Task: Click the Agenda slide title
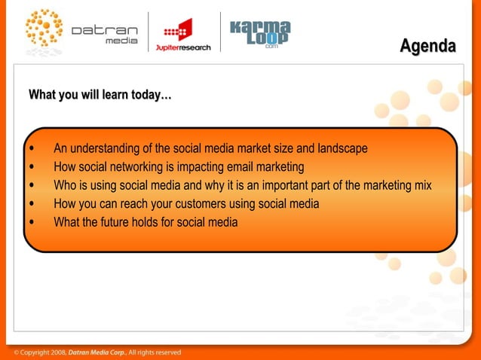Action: click(x=427, y=47)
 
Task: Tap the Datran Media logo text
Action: click(x=104, y=35)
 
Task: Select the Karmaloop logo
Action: click(x=259, y=33)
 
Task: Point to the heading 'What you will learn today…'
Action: click(x=100, y=96)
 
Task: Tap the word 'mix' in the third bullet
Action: click(x=422, y=185)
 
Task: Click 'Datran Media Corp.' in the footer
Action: click(x=97, y=352)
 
